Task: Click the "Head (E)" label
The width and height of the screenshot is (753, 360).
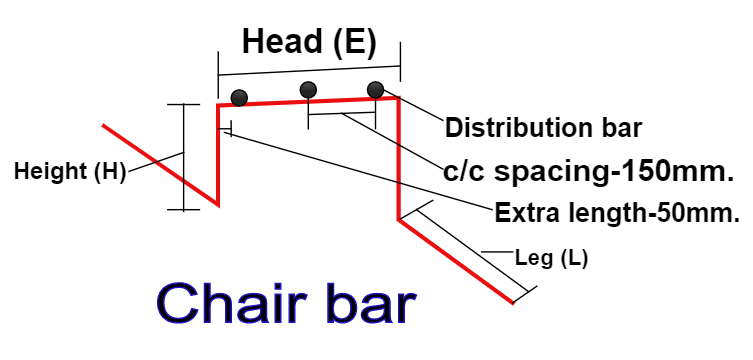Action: coord(309,41)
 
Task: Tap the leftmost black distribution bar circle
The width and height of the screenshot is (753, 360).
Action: coord(239,98)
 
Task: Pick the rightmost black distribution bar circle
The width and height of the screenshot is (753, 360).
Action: coord(376,90)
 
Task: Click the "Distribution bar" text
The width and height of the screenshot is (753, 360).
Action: coord(543,128)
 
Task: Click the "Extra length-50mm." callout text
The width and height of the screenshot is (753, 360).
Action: coord(616,212)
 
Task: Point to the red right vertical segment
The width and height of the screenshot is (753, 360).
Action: coord(399,160)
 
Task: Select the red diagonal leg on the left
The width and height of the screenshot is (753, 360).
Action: coord(160,165)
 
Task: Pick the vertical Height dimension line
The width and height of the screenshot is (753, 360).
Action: coord(183,157)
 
